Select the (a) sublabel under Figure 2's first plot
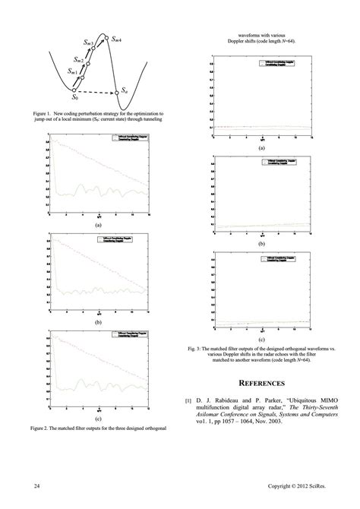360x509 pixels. point(98,226)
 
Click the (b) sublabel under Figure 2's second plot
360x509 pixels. point(98,322)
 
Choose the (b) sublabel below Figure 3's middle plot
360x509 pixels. point(261,245)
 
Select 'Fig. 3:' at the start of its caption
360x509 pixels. point(199,348)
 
